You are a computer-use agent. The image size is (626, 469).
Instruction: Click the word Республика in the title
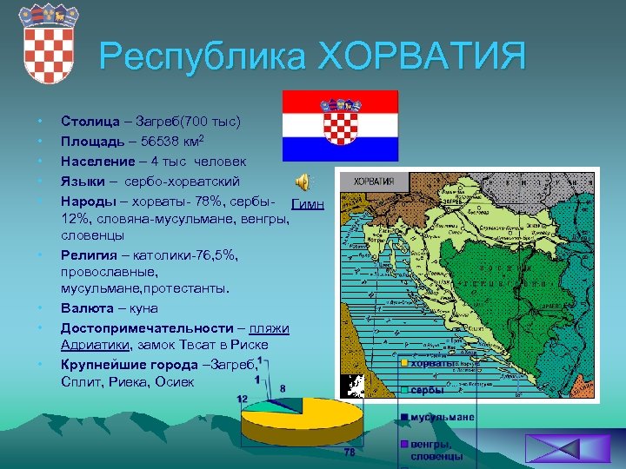pyautogui.click(x=202, y=58)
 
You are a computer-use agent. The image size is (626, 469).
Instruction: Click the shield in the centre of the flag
pyautogui.click(x=339, y=124)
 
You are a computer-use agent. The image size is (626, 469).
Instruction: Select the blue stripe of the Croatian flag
pyautogui.click(x=340, y=149)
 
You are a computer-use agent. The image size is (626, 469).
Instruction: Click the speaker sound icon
pyautogui.click(x=302, y=181)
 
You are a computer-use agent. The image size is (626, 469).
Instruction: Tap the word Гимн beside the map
pyautogui.click(x=308, y=205)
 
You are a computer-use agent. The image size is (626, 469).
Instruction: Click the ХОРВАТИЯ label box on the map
pyautogui.click(x=373, y=183)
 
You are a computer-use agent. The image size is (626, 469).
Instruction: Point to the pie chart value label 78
pyautogui.click(x=350, y=452)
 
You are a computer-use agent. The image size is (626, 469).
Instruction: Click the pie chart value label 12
pyautogui.click(x=243, y=399)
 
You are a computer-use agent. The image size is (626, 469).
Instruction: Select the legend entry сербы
pyautogui.click(x=427, y=390)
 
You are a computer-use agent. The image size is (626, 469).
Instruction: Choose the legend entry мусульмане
pyautogui.click(x=442, y=418)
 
